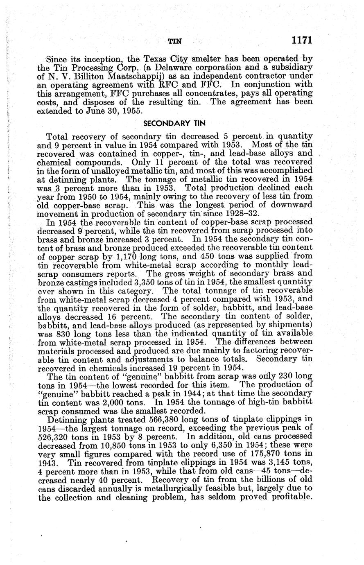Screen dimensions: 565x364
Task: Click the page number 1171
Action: point(302,40)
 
